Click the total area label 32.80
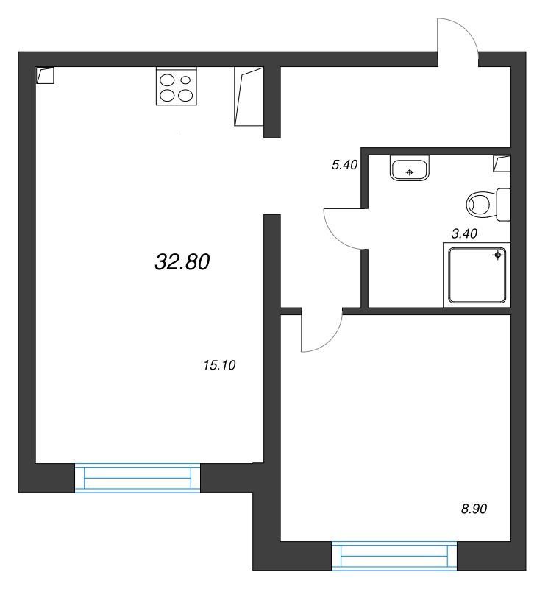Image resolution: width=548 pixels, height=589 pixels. click(182, 262)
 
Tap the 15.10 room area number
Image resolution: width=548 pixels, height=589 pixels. click(219, 365)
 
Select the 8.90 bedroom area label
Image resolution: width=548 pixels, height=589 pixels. click(474, 509)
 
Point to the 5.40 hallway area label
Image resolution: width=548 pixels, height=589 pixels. click(344, 164)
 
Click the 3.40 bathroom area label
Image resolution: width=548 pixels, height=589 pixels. click(464, 233)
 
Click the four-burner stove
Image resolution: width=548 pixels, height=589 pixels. click(177, 86)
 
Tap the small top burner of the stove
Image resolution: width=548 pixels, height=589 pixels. click(185, 80)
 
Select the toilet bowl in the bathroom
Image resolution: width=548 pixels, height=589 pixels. click(488, 205)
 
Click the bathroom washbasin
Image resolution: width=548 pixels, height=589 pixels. click(410, 168)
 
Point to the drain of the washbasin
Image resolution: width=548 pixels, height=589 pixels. click(410, 172)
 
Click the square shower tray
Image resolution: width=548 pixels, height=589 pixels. click(477, 275)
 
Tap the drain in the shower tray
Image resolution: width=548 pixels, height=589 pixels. click(498, 255)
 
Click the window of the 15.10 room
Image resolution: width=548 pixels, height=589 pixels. click(138, 477)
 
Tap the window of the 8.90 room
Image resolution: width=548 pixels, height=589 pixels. click(394, 556)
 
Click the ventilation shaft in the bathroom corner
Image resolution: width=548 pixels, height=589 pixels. click(502, 163)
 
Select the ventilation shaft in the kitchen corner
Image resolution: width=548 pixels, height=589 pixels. click(45, 75)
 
